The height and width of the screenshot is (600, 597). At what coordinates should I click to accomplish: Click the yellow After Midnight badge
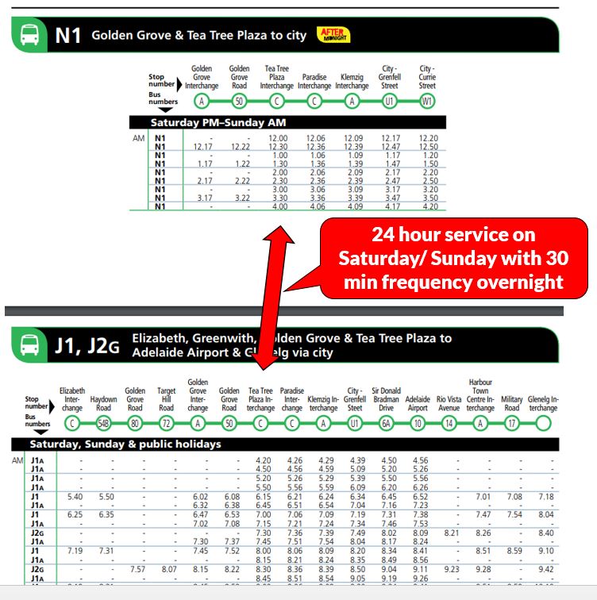333,34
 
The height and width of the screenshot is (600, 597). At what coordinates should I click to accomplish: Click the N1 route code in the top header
67,36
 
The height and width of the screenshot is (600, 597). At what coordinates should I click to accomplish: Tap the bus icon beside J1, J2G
29,346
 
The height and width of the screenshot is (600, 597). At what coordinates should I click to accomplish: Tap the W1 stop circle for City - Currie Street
427,102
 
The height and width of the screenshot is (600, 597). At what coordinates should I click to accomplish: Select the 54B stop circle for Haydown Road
103,424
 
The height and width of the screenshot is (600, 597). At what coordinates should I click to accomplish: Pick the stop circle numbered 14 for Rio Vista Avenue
449,424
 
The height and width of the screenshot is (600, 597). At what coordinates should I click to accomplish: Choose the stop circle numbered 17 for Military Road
511,424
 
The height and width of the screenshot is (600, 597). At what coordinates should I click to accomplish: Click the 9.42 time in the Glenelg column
545,569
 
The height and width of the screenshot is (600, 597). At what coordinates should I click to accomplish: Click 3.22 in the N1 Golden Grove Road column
239,198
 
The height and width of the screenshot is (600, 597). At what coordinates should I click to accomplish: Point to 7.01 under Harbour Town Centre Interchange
481,496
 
